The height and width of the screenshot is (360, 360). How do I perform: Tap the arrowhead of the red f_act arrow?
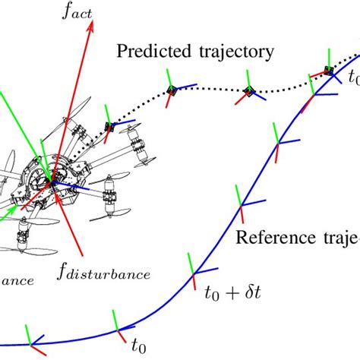[91, 25]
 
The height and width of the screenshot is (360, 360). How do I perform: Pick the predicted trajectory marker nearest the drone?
[110, 127]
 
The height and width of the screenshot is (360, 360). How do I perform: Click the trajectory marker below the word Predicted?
[172, 90]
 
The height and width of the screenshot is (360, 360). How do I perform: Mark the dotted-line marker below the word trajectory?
[248, 92]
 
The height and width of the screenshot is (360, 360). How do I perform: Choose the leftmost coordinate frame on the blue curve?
[31, 344]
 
